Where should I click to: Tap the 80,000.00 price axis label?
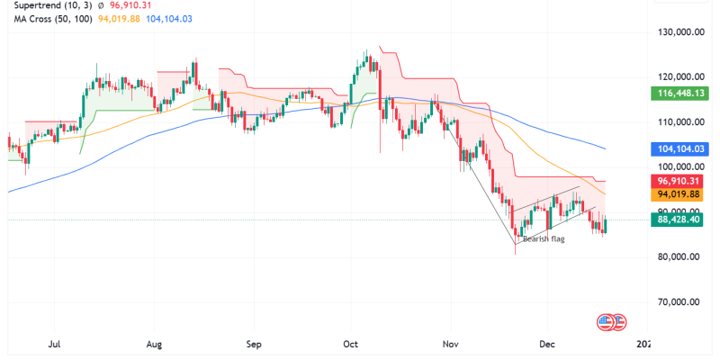(x=679, y=256)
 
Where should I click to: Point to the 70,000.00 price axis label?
(x=679, y=301)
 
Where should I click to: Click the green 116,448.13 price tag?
(x=679, y=93)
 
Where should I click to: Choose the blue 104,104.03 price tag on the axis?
(x=679, y=148)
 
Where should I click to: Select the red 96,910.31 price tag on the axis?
(x=680, y=180)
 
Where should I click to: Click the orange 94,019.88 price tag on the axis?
(x=680, y=193)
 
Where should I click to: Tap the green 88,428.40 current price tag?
(x=680, y=219)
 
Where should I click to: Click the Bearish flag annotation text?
(x=544, y=238)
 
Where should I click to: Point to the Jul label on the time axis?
(x=55, y=343)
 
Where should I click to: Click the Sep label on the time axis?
(x=253, y=343)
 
